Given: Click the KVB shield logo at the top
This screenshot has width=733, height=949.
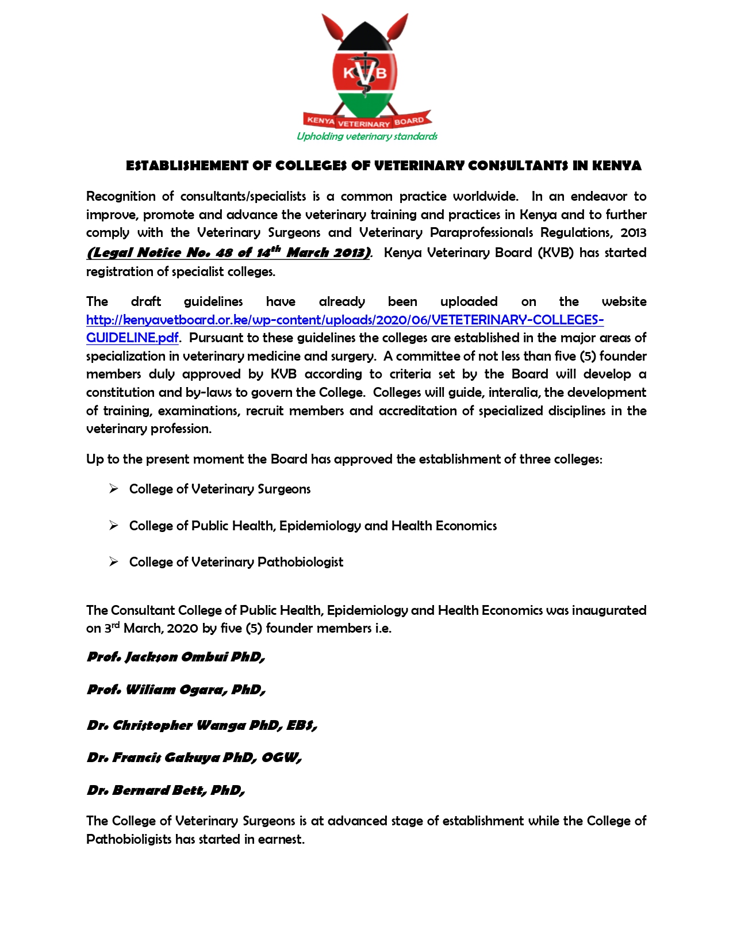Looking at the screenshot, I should point(365,72).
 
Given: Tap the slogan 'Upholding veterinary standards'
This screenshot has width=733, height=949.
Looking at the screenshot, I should point(367,136).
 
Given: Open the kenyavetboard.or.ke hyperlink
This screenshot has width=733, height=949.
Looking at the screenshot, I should point(345,320).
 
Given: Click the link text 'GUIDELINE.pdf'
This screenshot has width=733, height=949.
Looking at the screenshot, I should point(132,338).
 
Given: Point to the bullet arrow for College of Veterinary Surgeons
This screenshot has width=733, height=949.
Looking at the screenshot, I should point(114,489).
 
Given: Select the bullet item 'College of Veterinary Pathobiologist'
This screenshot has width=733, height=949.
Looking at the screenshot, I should point(236,562).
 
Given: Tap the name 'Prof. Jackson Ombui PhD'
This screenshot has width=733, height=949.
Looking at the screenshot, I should point(175,657).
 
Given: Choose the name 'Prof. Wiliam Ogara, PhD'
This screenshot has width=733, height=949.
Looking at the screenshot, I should point(176,690).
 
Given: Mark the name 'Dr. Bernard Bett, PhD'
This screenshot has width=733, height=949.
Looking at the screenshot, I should point(166,790).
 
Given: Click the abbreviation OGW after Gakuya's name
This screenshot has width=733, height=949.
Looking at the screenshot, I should point(280,757).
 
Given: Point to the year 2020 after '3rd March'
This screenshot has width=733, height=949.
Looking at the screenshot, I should point(183,628).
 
